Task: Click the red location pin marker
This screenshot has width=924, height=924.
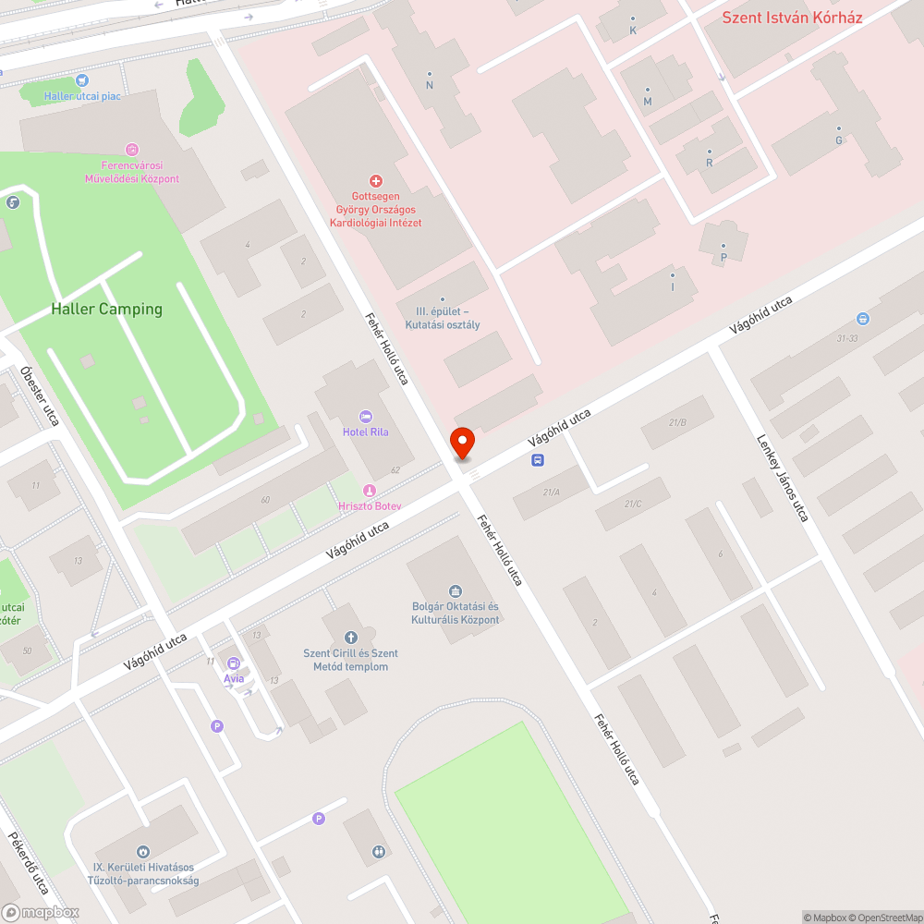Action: pyautogui.click(x=460, y=443)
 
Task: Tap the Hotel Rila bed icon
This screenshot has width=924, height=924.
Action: pyautogui.click(x=365, y=418)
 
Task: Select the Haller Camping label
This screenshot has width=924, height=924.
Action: pyautogui.click(x=107, y=310)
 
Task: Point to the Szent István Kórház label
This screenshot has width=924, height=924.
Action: pyautogui.click(x=792, y=18)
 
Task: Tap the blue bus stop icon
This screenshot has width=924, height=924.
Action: pyautogui.click(x=538, y=460)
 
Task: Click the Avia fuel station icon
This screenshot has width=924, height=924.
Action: pyautogui.click(x=234, y=663)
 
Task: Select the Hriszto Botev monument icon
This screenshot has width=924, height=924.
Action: pyautogui.click(x=369, y=491)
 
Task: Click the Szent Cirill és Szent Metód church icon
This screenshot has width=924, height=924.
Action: pyautogui.click(x=351, y=638)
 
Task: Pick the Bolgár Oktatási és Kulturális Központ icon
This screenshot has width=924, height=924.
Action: pyautogui.click(x=455, y=591)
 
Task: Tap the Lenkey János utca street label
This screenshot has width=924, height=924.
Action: pyautogui.click(x=782, y=479)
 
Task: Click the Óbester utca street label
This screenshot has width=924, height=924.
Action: pyautogui.click(x=40, y=396)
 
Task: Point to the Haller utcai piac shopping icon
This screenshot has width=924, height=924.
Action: pyautogui.click(x=81, y=81)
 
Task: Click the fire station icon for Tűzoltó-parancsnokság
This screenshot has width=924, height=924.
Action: pyautogui.click(x=142, y=852)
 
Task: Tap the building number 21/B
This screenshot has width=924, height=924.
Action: pyautogui.click(x=677, y=422)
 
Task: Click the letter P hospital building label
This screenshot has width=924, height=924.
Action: pyautogui.click(x=723, y=259)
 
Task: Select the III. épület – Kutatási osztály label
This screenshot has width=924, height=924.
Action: pyautogui.click(x=443, y=318)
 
